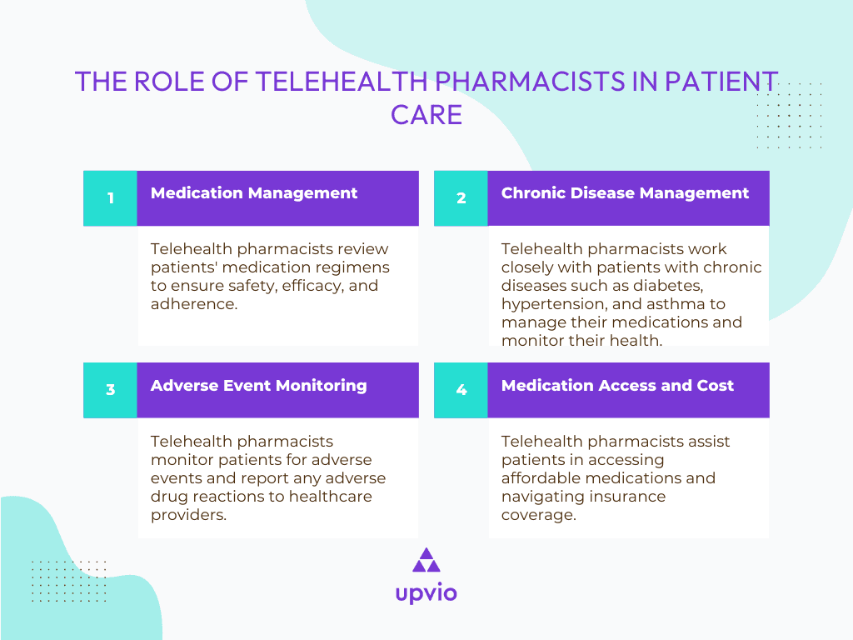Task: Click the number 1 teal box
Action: click(110, 198)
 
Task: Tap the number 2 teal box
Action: click(461, 198)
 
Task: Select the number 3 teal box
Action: click(110, 389)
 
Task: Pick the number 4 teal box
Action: click(461, 389)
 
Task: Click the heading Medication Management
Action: click(254, 193)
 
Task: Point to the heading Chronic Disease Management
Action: click(625, 193)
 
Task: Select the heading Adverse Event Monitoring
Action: click(258, 385)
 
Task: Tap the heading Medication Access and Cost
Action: click(617, 385)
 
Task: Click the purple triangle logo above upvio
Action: click(426, 560)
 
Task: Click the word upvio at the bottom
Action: click(426, 593)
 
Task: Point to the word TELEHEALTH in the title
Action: click(342, 82)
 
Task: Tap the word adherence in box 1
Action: click(191, 304)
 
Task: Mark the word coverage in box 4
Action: click(536, 515)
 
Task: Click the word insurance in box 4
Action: click(624, 497)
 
